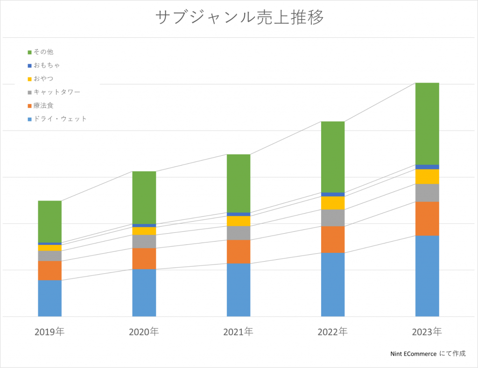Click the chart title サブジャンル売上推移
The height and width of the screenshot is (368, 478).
coord(239,17)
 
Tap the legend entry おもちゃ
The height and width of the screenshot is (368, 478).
coord(47,65)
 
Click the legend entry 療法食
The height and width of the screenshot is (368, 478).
coord(43,105)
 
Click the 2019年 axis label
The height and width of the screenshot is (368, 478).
coord(49,332)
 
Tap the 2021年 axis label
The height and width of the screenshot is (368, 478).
coord(238,332)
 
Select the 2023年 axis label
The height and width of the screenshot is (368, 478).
coord(427,332)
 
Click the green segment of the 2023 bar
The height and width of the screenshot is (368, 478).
coord(427,124)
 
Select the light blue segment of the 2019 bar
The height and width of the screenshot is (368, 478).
coord(49,298)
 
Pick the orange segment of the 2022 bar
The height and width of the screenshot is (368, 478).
coord(333,239)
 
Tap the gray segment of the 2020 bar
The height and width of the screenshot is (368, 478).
coord(144,241)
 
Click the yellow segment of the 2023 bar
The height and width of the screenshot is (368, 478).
coord(427,176)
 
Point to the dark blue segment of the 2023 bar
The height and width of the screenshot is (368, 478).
coord(427,167)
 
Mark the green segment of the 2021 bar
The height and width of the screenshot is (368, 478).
coord(239,183)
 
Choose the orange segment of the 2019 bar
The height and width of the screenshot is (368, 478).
coord(49,271)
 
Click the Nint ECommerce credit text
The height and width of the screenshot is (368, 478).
coord(428,354)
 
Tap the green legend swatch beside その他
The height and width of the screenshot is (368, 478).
coord(29,52)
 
